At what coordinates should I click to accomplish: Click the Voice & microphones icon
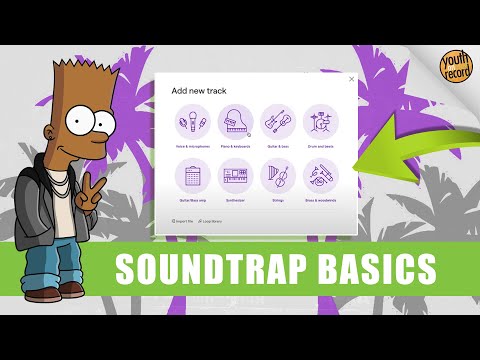pyautogui.click(x=193, y=124)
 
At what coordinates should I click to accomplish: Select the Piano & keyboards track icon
pyautogui.click(x=236, y=124)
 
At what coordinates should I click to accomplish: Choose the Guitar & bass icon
pyautogui.click(x=278, y=124)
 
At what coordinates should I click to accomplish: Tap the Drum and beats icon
pyautogui.click(x=321, y=124)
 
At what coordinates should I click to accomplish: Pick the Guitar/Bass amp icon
pyautogui.click(x=193, y=177)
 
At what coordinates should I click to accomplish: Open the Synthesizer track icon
pyautogui.click(x=236, y=177)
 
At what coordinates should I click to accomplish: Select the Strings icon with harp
pyautogui.click(x=278, y=177)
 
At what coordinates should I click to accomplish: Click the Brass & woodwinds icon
pyautogui.click(x=321, y=177)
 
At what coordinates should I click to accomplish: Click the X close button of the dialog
pyautogui.click(x=351, y=79)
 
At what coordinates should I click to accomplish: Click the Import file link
pyautogui.click(x=183, y=219)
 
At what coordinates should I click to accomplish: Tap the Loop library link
pyautogui.click(x=211, y=219)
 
